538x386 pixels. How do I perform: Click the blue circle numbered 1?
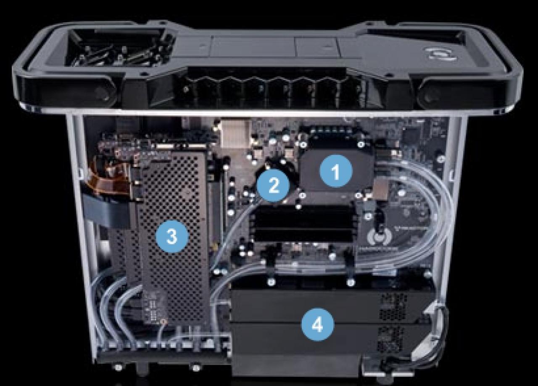pos(336,171)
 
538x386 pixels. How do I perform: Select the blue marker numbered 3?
pos(172,236)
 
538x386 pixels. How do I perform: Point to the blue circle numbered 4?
pos(318,325)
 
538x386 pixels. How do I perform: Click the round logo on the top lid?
pos(440,54)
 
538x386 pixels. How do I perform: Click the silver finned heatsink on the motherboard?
pos(235,134)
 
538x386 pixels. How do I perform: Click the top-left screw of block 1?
pos(303,145)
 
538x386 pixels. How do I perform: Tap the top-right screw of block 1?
pos(361,144)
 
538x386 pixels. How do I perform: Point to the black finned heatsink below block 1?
pos(303,224)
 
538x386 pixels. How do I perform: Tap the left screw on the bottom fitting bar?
pos(117,367)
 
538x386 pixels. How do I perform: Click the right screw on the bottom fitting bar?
pos(196,367)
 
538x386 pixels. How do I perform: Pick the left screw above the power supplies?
pos(271,282)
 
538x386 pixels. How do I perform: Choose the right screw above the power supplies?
pos(351,282)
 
